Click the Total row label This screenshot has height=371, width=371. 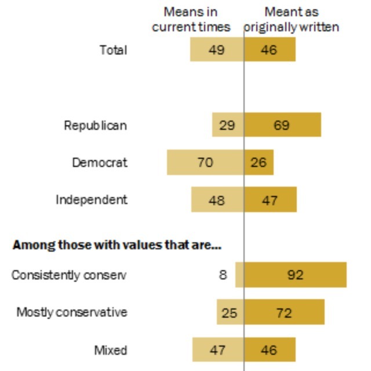click(113, 50)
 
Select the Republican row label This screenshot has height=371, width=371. click(95, 125)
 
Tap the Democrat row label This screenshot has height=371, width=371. click(99, 162)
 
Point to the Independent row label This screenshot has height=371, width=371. click(91, 200)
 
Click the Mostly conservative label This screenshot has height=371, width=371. click(71, 312)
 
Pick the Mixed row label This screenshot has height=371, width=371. click(110, 350)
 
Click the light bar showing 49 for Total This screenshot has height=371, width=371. click(217, 50)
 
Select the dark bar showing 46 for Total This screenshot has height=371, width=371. click(270, 50)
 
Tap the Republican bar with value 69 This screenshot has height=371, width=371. click(282, 125)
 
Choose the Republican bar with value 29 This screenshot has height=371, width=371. click(228, 125)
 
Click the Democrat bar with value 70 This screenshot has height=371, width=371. click(205, 162)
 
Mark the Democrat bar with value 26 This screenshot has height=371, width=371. click(259, 162)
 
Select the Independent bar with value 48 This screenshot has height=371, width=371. click(217, 200)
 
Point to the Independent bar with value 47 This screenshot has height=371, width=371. click(270, 200)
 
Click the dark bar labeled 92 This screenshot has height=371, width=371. click(295, 275)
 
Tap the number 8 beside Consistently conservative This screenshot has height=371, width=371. click(223, 275)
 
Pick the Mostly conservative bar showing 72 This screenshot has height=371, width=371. click(284, 312)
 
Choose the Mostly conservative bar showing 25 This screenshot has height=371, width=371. click(230, 312)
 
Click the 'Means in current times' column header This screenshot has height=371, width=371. click(191, 19)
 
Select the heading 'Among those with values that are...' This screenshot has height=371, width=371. click(117, 245)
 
